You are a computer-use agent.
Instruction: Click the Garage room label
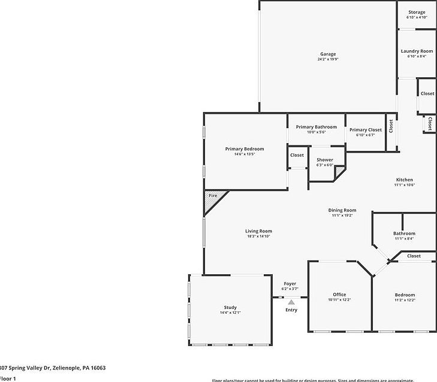pyautogui.click(x=327, y=54)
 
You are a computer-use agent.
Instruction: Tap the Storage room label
pyautogui.click(x=417, y=12)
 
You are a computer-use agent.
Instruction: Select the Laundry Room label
pyautogui.click(x=417, y=51)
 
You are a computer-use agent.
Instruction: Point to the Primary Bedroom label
pyautogui.click(x=245, y=148)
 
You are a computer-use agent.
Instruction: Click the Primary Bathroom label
pyautogui.click(x=317, y=127)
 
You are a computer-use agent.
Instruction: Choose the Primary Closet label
pyautogui.click(x=366, y=129)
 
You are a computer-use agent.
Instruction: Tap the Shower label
pyautogui.click(x=325, y=160)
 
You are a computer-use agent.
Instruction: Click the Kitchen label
pyautogui.click(x=404, y=180)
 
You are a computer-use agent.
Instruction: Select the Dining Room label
pyautogui.click(x=342, y=210)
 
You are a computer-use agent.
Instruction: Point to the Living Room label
pyautogui.click(x=259, y=231)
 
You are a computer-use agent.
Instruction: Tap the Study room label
pyautogui.click(x=230, y=308)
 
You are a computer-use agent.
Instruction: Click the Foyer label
pyautogui.click(x=290, y=284)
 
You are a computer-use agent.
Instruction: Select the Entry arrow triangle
pyautogui.click(x=291, y=302)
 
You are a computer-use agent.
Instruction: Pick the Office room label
pyautogui.click(x=339, y=295)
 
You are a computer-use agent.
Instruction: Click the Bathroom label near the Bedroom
pyautogui.click(x=404, y=234)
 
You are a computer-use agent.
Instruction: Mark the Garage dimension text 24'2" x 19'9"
pyautogui.click(x=327, y=59)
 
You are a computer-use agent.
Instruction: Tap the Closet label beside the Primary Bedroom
pyautogui.click(x=297, y=155)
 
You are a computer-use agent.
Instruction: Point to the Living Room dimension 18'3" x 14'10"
pyautogui.click(x=259, y=237)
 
